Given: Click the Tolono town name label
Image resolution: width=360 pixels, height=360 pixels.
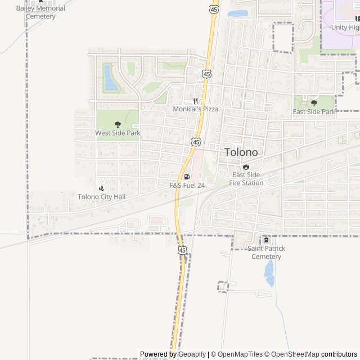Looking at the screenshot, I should (241, 152).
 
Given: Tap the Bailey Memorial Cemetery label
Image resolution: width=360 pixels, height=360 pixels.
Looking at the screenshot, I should (40, 12).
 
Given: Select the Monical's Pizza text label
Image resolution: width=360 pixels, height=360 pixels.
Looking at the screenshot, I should (195, 109).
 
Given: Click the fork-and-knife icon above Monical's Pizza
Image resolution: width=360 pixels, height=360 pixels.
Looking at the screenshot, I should (195, 101).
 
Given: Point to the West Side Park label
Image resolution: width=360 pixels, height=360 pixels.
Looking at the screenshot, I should (118, 133).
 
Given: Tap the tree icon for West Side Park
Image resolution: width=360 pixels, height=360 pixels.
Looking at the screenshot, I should (118, 124).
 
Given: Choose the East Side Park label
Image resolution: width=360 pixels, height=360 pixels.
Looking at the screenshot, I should (314, 112).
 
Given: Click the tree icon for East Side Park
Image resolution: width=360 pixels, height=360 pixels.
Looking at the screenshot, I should (314, 103).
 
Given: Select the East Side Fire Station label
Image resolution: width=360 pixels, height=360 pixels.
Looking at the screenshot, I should (246, 179).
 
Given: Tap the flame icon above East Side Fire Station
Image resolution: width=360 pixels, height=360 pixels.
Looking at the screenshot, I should (246, 166).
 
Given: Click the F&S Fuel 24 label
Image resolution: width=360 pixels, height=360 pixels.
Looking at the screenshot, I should (187, 185).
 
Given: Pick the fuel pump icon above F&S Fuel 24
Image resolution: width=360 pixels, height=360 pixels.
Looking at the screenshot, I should (187, 177).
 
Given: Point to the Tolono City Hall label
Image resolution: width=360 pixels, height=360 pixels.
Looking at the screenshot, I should (101, 197).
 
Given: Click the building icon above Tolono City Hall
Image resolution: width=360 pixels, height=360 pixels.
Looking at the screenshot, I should (101, 188).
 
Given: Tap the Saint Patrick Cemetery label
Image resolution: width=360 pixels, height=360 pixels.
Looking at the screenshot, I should (266, 253).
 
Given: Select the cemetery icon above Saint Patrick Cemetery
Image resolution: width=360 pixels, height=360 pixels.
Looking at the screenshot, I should (266, 240).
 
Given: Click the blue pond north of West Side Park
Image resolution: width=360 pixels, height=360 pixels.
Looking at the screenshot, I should (110, 78).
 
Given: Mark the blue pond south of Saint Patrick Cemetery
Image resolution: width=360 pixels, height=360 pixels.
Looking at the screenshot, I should (269, 273).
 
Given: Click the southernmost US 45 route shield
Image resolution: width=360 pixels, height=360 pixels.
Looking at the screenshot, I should (182, 250).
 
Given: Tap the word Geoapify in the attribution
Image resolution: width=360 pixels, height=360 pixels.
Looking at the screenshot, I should (191, 354).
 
